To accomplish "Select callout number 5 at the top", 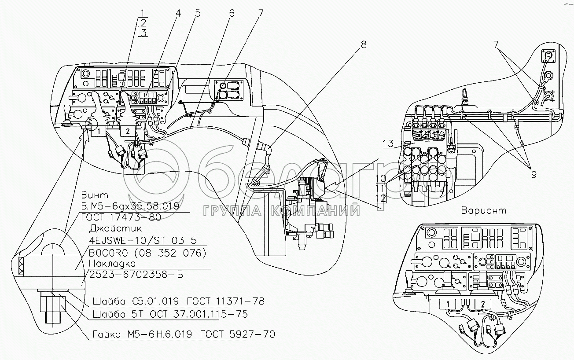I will [197, 14].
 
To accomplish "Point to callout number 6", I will [232, 14].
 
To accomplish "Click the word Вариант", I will [484, 210].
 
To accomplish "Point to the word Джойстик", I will [109, 228].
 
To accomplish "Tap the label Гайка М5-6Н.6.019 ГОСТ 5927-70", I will [184, 334].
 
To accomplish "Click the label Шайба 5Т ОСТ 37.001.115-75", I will [169, 314].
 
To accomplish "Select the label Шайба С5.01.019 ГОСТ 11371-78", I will [178, 301].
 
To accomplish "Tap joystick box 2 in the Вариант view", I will [482, 304].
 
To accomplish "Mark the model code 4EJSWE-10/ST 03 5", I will [142, 240].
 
